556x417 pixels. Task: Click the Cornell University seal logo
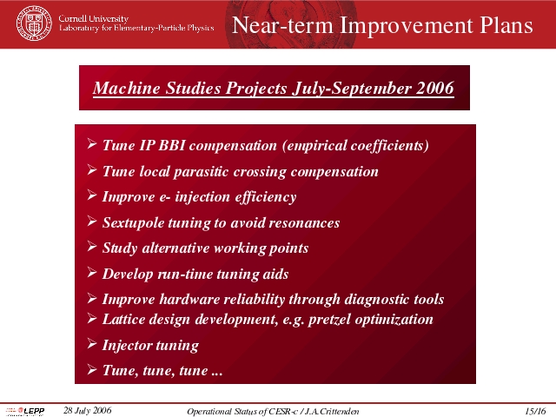click(34, 23)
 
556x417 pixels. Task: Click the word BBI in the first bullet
click(172, 145)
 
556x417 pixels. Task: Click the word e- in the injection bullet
click(165, 197)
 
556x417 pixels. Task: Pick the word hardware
click(189, 299)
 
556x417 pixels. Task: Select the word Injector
click(127, 346)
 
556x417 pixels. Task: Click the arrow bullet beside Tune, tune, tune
click(92, 370)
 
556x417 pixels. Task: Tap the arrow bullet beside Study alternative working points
click(92, 247)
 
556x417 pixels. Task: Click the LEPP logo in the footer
click(25, 411)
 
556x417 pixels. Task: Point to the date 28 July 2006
click(87, 410)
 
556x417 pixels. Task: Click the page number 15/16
click(535, 411)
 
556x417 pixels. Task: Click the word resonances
click(304, 223)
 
